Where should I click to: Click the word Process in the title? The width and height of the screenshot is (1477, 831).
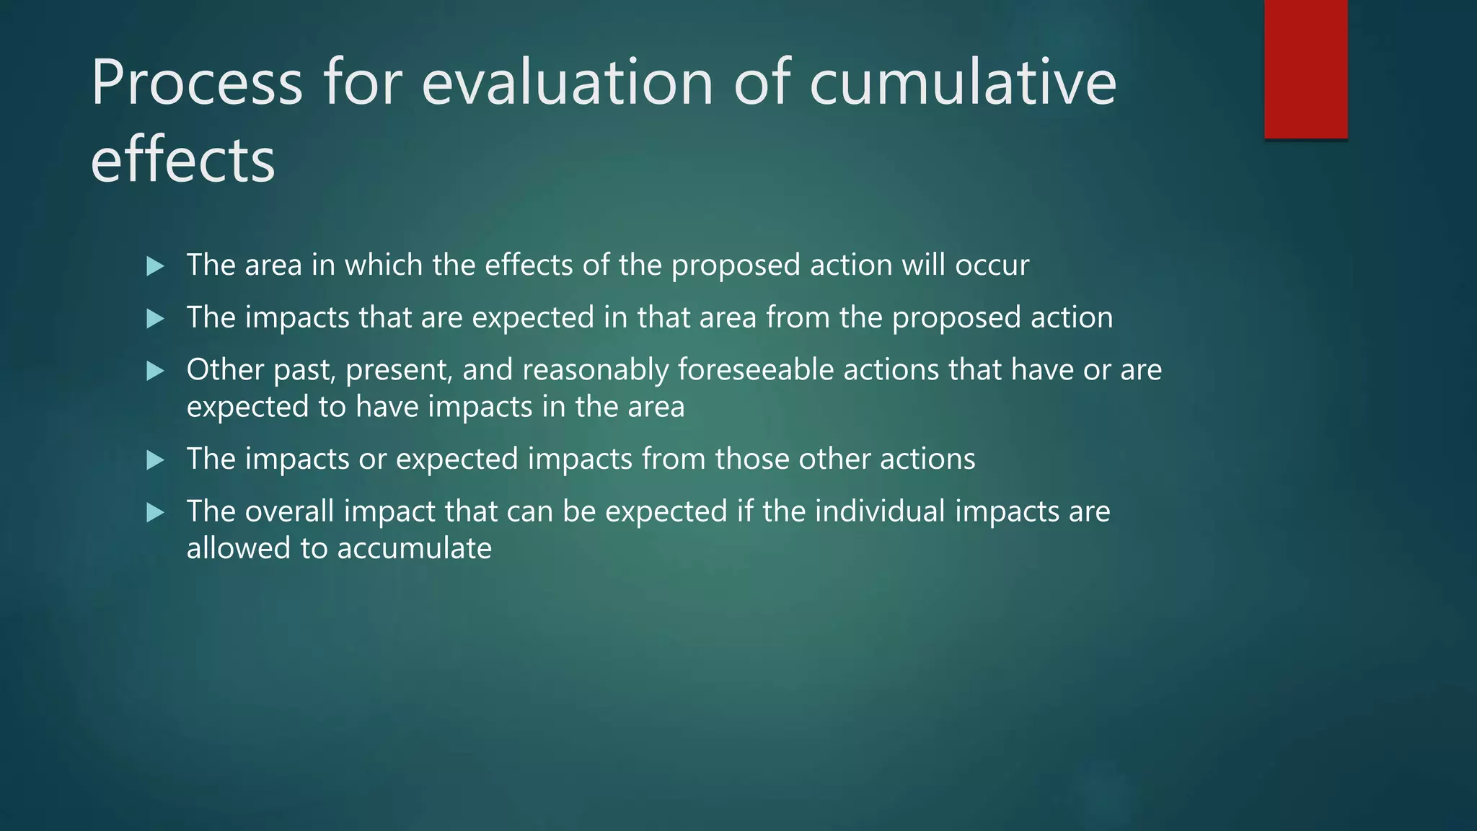196,84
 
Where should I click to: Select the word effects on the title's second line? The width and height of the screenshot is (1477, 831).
182,159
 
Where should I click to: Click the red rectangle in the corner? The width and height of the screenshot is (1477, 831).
1305,69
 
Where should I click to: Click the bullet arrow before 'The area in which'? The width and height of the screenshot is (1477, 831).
155,266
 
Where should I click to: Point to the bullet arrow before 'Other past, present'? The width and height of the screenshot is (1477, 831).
155,371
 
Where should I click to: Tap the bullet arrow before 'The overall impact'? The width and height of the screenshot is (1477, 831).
155,513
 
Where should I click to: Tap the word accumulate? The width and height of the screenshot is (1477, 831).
414,548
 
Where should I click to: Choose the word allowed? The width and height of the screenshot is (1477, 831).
238,548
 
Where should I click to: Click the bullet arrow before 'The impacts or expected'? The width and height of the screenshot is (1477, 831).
155,460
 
